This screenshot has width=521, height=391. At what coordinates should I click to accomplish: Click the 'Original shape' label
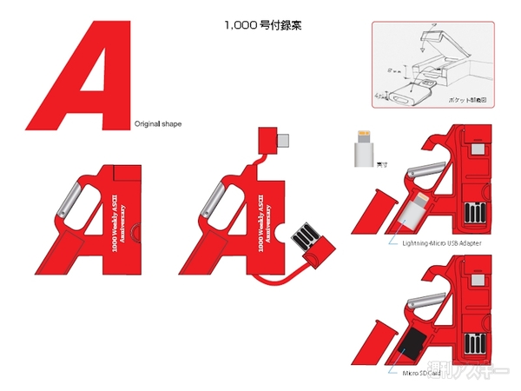[158, 124]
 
